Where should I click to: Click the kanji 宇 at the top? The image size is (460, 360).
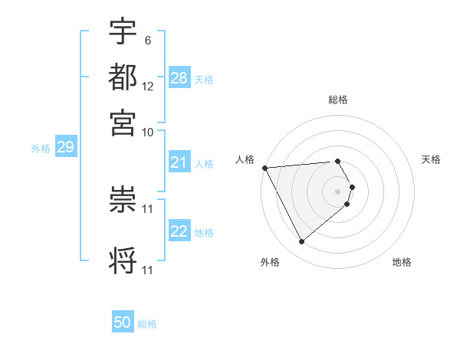point(123,31)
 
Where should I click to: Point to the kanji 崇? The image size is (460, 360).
point(123,198)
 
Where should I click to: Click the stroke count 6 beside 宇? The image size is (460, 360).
point(147,40)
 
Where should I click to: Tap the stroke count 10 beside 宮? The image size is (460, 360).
point(147,131)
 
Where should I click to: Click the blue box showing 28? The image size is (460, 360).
point(179,78)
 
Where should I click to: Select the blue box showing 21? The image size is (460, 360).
point(179,162)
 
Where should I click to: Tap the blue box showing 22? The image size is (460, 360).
point(179,231)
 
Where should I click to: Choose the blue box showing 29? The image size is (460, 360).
point(65,147)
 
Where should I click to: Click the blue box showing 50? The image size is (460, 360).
point(123,322)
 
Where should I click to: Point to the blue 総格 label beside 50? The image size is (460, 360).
point(148,324)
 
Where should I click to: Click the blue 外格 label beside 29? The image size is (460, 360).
point(41,149)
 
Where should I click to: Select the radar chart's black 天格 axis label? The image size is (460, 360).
point(431,159)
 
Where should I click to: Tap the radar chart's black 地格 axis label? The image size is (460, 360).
point(402,262)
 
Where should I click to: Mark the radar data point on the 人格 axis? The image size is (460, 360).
point(264,168)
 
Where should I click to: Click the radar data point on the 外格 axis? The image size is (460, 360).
point(301,242)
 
